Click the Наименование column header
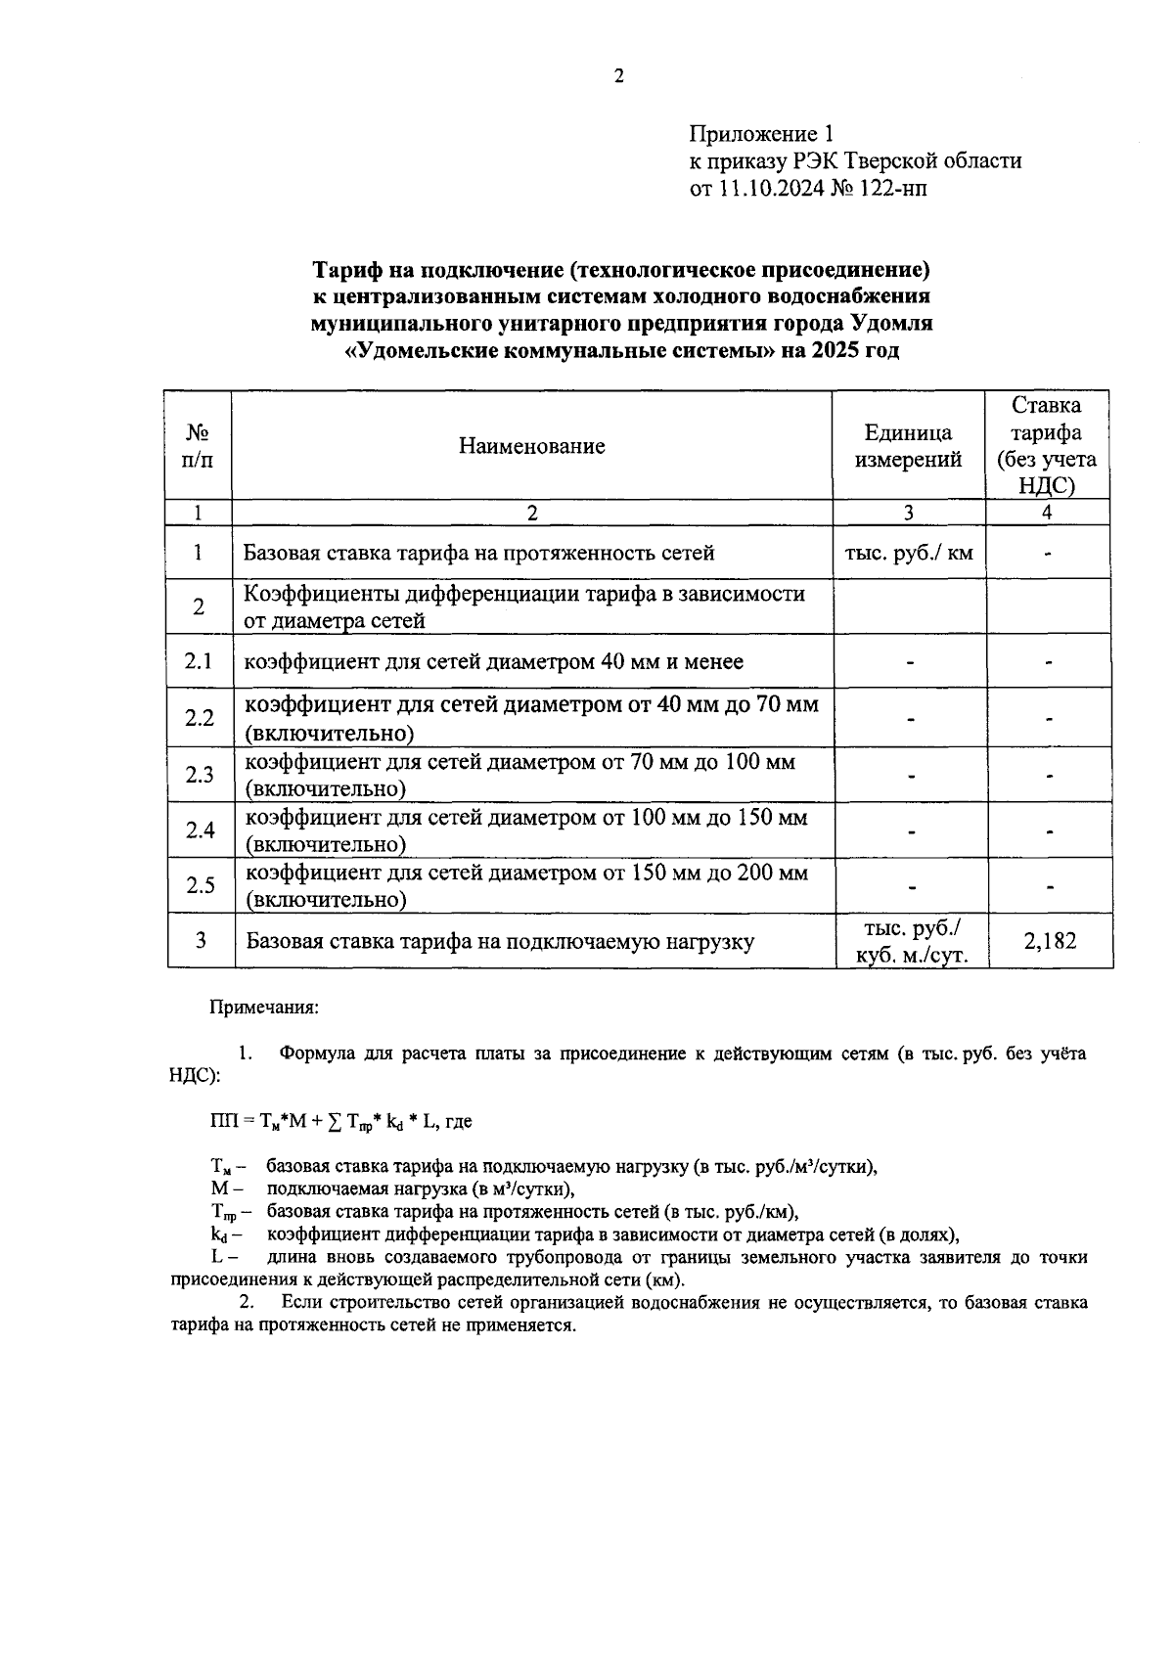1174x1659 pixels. point(531,446)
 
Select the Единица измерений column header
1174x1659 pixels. point(908,446)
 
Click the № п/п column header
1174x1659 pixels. point(199,446)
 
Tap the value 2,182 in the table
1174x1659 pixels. point(1049,941)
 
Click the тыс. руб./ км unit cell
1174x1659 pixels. point(908,553)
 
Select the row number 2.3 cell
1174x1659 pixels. point(199,775)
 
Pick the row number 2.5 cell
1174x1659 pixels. point(199,885)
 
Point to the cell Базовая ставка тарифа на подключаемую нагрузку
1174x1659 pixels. point(500,942)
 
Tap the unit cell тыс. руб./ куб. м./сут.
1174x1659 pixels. point(910,941)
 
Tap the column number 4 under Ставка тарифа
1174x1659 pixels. point(1048,513)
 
